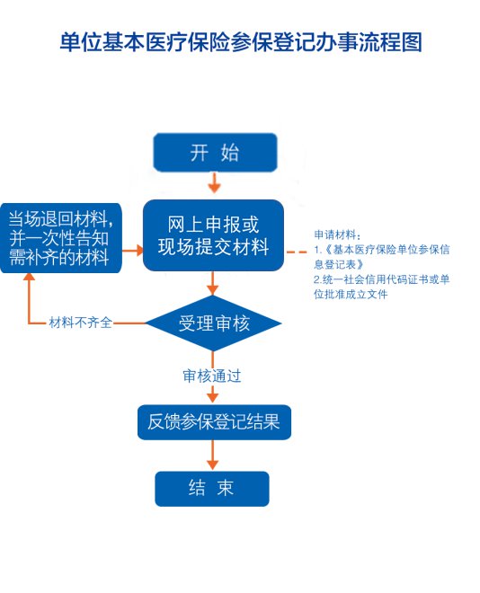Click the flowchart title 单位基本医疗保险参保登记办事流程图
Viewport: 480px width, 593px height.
pyautogui.click(x=241, y=41)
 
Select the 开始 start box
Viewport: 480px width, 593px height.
pyautogui.click(x=215, y=152)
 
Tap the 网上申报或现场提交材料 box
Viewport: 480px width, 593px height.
pyautogui.click(x=213, y=235)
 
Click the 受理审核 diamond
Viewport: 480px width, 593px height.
pyautogui.click(x=213, y=323)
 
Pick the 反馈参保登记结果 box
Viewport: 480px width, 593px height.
pyautogui.click(x=214, y=422)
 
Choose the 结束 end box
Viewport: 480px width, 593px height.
pyautogui.click(x=212, y=488)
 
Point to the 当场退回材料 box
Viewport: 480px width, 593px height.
pyautogui.click(x=61, y=238)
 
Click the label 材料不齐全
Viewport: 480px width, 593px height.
pyautogui.click(x=81, y=323)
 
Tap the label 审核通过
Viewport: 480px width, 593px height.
pyautogui.click(x=212, y=376)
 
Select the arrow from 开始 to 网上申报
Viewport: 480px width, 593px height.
pyautogui.click(x=215, y=182)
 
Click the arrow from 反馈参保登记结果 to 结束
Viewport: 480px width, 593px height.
pyautogui.click(x=212, y=455)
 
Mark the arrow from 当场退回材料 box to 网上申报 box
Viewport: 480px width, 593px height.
pyautogui.click(x=133, y=250)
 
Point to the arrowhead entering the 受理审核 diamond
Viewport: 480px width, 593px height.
pyautogui.click(x=213, y=289)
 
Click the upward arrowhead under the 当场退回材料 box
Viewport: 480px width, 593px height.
pyautogui.click(x=29, y=277)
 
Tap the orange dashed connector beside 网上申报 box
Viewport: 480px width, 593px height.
pyautogui.click(x=297, y=252)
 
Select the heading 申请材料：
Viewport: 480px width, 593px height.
pyautogui.click(x=335, y=235)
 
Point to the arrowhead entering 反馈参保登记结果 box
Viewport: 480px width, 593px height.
pyautogui.click(x=212, y=397)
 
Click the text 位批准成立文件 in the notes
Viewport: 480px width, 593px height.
pyautogui.click(x=351, y=294)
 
